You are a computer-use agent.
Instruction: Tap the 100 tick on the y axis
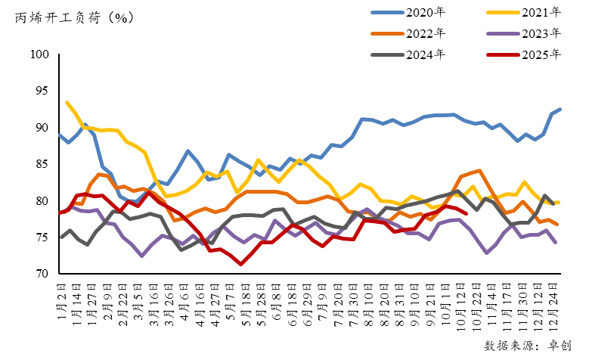[40, 54]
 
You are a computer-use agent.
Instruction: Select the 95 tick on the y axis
[42, 91]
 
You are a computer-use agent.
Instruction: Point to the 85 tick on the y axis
[42, 164]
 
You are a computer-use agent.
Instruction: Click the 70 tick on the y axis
[42, 274]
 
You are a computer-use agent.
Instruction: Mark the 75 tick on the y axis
[42, 237]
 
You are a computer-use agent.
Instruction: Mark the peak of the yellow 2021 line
[68, 103]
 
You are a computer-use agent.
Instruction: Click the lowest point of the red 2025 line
[240, 264]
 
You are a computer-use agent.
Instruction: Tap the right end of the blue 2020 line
[560, 110]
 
